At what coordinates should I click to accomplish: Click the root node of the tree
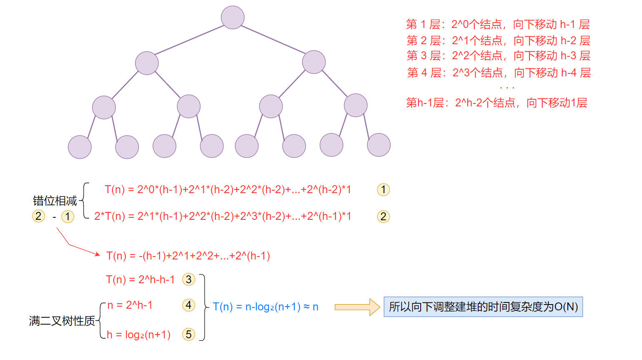pyautogui.click(x=233, y=18)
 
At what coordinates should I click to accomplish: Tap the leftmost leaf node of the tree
pyautogui.click(x=80, y=147)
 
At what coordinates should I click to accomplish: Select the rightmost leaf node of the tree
pyautogui.click(x=379, y=145)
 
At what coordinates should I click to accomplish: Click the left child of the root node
pyautogui.click(x=147, y=63)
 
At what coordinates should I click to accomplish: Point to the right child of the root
pyautogui.click(x=313, y=62)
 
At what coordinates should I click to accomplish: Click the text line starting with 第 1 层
pyautogui.click(x=498, y=25)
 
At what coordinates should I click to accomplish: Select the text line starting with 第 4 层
pyautogui.click(x=499, y=73)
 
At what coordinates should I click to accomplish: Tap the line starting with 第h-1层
pyautogui.click(x=497, y=103)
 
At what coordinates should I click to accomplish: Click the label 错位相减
pyautogui.click(x=55, y=201)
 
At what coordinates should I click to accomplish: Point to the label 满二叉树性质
pyautogui.click(x=62, y=321)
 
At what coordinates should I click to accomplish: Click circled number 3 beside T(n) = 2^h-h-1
pyautogui.click(x=189, y=279)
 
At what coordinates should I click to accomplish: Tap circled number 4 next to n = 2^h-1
pyautogui.click(x=188, y=305)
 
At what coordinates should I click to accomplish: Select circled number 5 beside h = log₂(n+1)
pyautogui.click(x=188, y=334)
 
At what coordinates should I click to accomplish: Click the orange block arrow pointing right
pyautogui.click(x=357, y=307)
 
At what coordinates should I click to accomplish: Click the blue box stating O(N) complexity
pyautogui.click(x=483, y=307)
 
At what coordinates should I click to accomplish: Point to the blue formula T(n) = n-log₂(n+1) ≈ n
pyautogui.click(x=266, y=307)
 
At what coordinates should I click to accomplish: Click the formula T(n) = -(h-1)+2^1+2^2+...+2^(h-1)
pyautogui.click(x=188, y=256)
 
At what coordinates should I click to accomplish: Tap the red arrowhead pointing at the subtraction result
pyautogui.click(x=98, y=254)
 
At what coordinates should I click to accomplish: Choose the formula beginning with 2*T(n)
pyautogui.click(x=223, y=217)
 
